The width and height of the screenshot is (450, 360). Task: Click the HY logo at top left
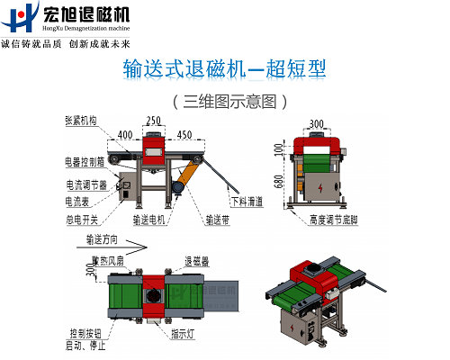pyautogui.click(x=21, y=18)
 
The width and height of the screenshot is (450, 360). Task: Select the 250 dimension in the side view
pyautogui.click(x=154, y=121)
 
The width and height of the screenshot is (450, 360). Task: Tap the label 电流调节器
pyautogui.click(x=82, y=184)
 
